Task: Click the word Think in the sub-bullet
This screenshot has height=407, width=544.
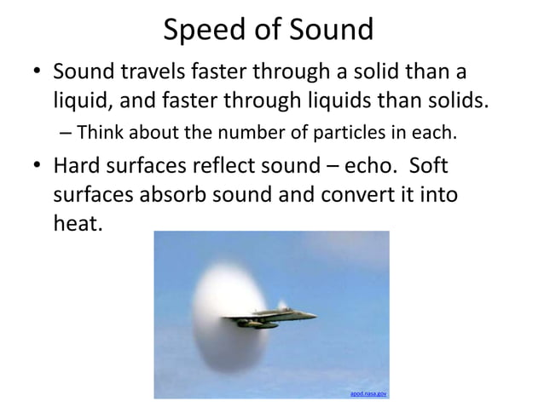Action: pos(105,133)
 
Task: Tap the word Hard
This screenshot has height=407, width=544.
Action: pos(81,164)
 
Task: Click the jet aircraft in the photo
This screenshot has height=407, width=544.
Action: pos(273,317)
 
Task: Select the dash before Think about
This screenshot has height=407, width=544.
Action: pos(67,134)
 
